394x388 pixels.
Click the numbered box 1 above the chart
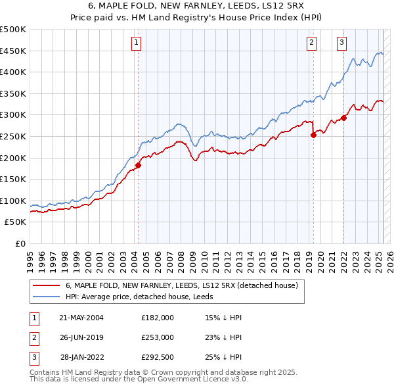(136, 43)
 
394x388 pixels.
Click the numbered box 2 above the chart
(311, 43)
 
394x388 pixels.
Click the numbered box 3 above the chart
(341, 43)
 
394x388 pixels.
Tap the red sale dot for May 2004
(139, 166)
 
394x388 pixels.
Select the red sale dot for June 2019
(313, 135)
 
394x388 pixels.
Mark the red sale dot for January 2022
(343, 118)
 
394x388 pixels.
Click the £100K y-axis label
(13, 201)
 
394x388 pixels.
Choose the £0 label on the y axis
(20, 243)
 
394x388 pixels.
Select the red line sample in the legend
(46, 285)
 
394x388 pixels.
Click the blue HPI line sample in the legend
(46, 297)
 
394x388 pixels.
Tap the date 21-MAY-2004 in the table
(81, 317)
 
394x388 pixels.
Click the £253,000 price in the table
(158, 337)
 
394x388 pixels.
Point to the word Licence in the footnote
(211, 380)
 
